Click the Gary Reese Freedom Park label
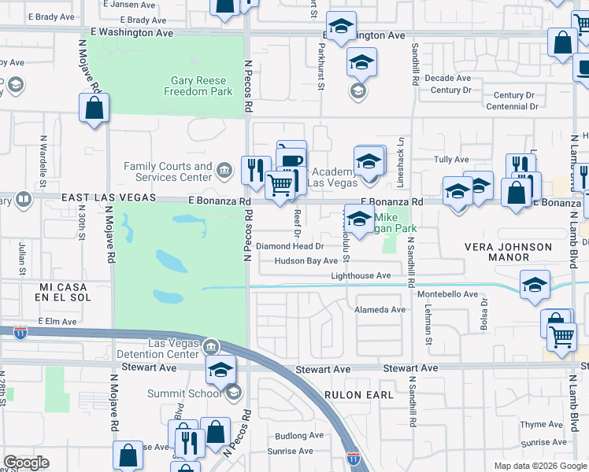tap(198, 86)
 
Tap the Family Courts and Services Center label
tap(168, 171)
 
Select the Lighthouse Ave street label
tap(361, 276)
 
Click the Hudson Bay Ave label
tap(306, 261)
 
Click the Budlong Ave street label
tap(299, 435)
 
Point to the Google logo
tap(26, 463)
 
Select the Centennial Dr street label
tap(513, 106)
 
